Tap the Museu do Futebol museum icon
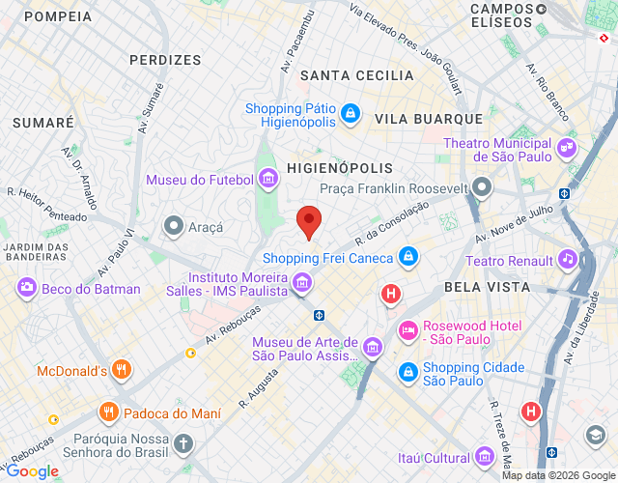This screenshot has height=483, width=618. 268,180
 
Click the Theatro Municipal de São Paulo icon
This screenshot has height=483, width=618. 567,151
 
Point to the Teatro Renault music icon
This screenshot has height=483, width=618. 568,260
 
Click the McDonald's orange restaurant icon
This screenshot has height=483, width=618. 121,370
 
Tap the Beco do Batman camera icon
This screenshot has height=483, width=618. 26,288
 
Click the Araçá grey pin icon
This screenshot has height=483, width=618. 174,226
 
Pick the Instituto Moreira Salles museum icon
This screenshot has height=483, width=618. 302,283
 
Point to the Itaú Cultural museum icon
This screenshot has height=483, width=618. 486,458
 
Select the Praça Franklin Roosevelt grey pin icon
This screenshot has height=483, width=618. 483,187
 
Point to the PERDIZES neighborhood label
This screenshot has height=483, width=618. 165,59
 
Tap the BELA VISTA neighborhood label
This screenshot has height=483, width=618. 487,287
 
